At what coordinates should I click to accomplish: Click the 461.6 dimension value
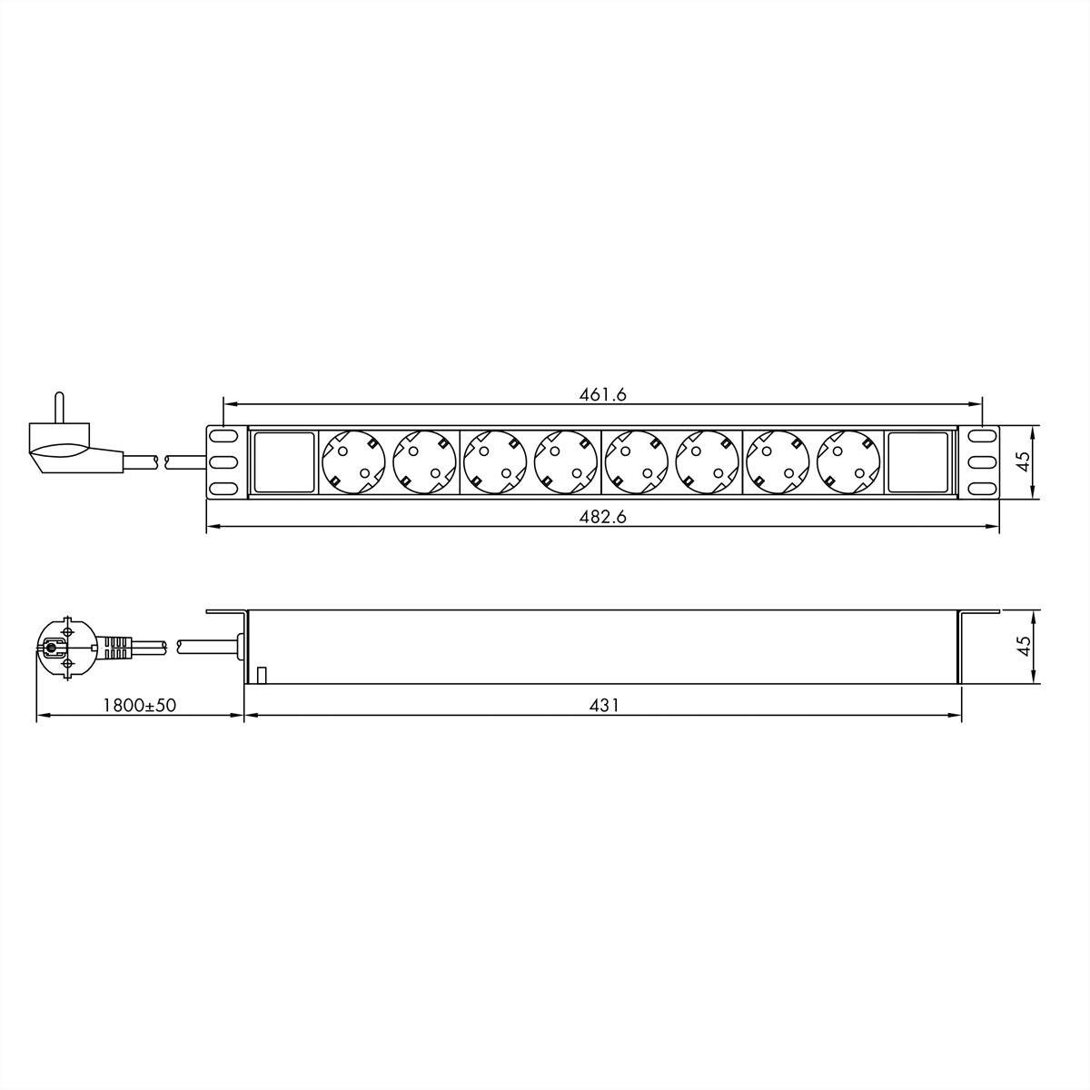point(603,394)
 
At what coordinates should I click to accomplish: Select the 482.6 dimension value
point(603,517)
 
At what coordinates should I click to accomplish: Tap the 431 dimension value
point(603,705)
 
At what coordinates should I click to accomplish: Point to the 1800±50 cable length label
point(139,705)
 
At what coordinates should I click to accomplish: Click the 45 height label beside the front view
point(1024,462)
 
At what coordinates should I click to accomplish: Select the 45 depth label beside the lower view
point(1024,646)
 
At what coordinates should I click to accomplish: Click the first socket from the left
point(353,462)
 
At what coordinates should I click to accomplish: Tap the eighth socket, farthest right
point(848,462)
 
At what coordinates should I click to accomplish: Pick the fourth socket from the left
point(565,462)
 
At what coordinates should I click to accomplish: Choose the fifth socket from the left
point(636,462)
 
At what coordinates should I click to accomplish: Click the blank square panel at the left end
point(282,462)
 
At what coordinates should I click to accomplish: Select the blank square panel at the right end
point(918,462)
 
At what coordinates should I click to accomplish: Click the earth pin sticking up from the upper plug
point(59,406)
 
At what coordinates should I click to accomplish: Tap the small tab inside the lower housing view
point(261,675)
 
